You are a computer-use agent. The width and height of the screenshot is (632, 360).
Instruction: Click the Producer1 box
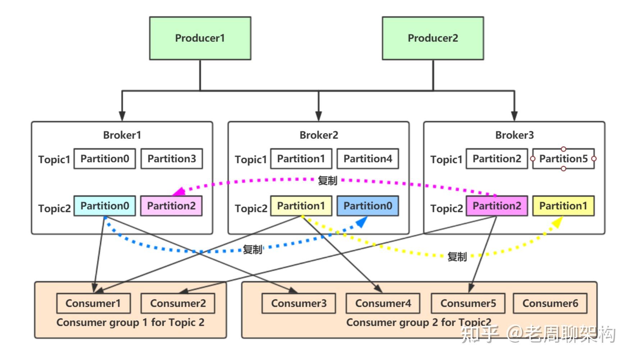(x=200, y=38)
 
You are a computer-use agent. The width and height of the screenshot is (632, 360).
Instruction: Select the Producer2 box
(x=432, y=38)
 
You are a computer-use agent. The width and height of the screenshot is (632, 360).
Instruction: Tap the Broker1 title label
(x=122, y=135)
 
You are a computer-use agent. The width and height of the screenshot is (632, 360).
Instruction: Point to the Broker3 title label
(x=514, y=135)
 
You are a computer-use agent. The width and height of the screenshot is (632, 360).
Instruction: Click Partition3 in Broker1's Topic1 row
(x=171, y=159)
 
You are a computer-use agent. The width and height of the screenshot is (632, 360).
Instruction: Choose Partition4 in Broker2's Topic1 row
(x=367, y=159)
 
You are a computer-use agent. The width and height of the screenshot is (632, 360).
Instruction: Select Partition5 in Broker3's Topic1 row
(x=563, y=159)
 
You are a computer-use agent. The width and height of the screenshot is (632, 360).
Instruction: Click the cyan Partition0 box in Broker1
(x=105, y=206)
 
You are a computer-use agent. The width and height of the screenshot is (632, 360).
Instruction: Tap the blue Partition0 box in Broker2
(x=367, y=206)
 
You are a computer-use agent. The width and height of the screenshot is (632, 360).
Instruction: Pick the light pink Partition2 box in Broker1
(x=171, y=206)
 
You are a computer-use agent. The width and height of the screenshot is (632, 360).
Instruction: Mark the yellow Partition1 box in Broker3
(x=563, y=206)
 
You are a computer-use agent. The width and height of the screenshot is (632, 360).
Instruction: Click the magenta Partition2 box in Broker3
(x=496, y=206)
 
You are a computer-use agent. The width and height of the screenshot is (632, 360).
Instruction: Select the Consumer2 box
(x=178, y=303)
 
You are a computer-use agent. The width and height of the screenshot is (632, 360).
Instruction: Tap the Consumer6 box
(x=550, y=303)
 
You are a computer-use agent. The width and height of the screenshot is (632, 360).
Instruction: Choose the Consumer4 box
(x=383, y=303)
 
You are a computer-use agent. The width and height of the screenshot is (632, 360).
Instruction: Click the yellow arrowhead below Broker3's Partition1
(x=557, y=222)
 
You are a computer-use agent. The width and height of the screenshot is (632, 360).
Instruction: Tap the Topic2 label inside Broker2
(x=251, y=208)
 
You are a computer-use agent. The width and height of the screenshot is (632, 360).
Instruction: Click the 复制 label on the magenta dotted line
(x=327, y=180)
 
